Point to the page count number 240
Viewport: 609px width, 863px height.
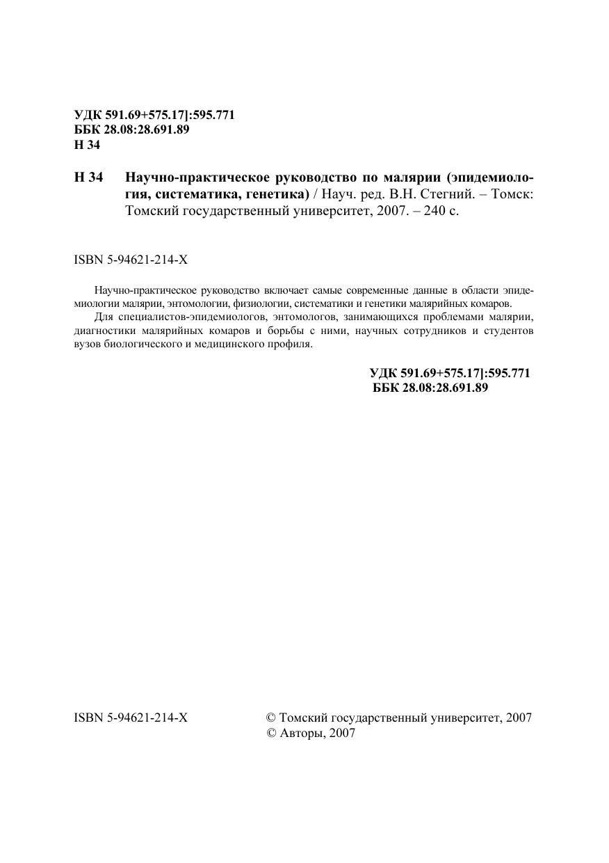(428, 210)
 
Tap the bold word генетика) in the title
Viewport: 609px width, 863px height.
(278, 193)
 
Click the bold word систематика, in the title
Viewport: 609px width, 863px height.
(199, 193)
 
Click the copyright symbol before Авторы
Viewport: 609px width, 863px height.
(272, 733)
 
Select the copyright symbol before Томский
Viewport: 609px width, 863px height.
(272, 718)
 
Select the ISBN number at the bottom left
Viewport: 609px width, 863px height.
(131, 718)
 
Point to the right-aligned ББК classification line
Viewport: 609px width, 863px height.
(430, 388)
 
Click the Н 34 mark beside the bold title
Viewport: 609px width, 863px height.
(88, 177)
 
